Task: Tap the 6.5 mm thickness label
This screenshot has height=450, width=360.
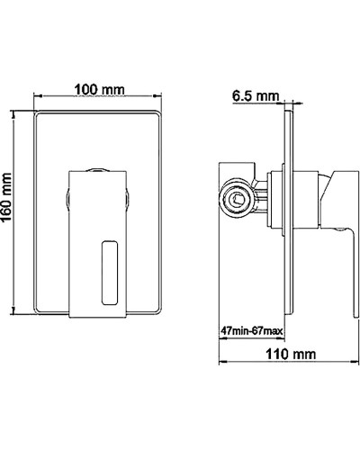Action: click(x=255, y=94)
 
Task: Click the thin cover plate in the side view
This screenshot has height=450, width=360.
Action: click(x=292, y=208)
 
